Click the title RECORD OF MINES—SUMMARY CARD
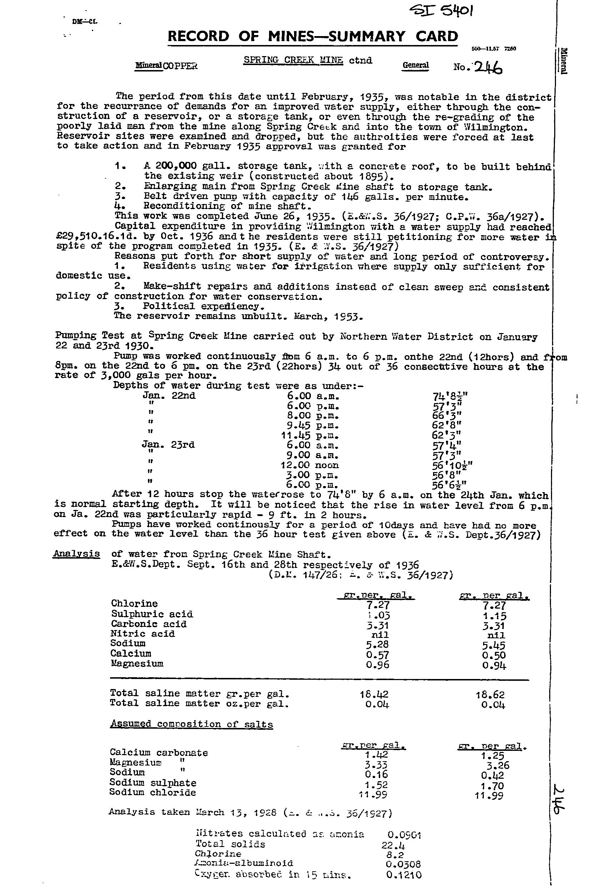(x=313, y=36)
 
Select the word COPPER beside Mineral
(x=180, y=66)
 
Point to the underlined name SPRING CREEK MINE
(x=293, y=60)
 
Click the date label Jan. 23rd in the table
(x=168, y=445)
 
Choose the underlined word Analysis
(x=76, y=554)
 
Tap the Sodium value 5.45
(x=494, y=645)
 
